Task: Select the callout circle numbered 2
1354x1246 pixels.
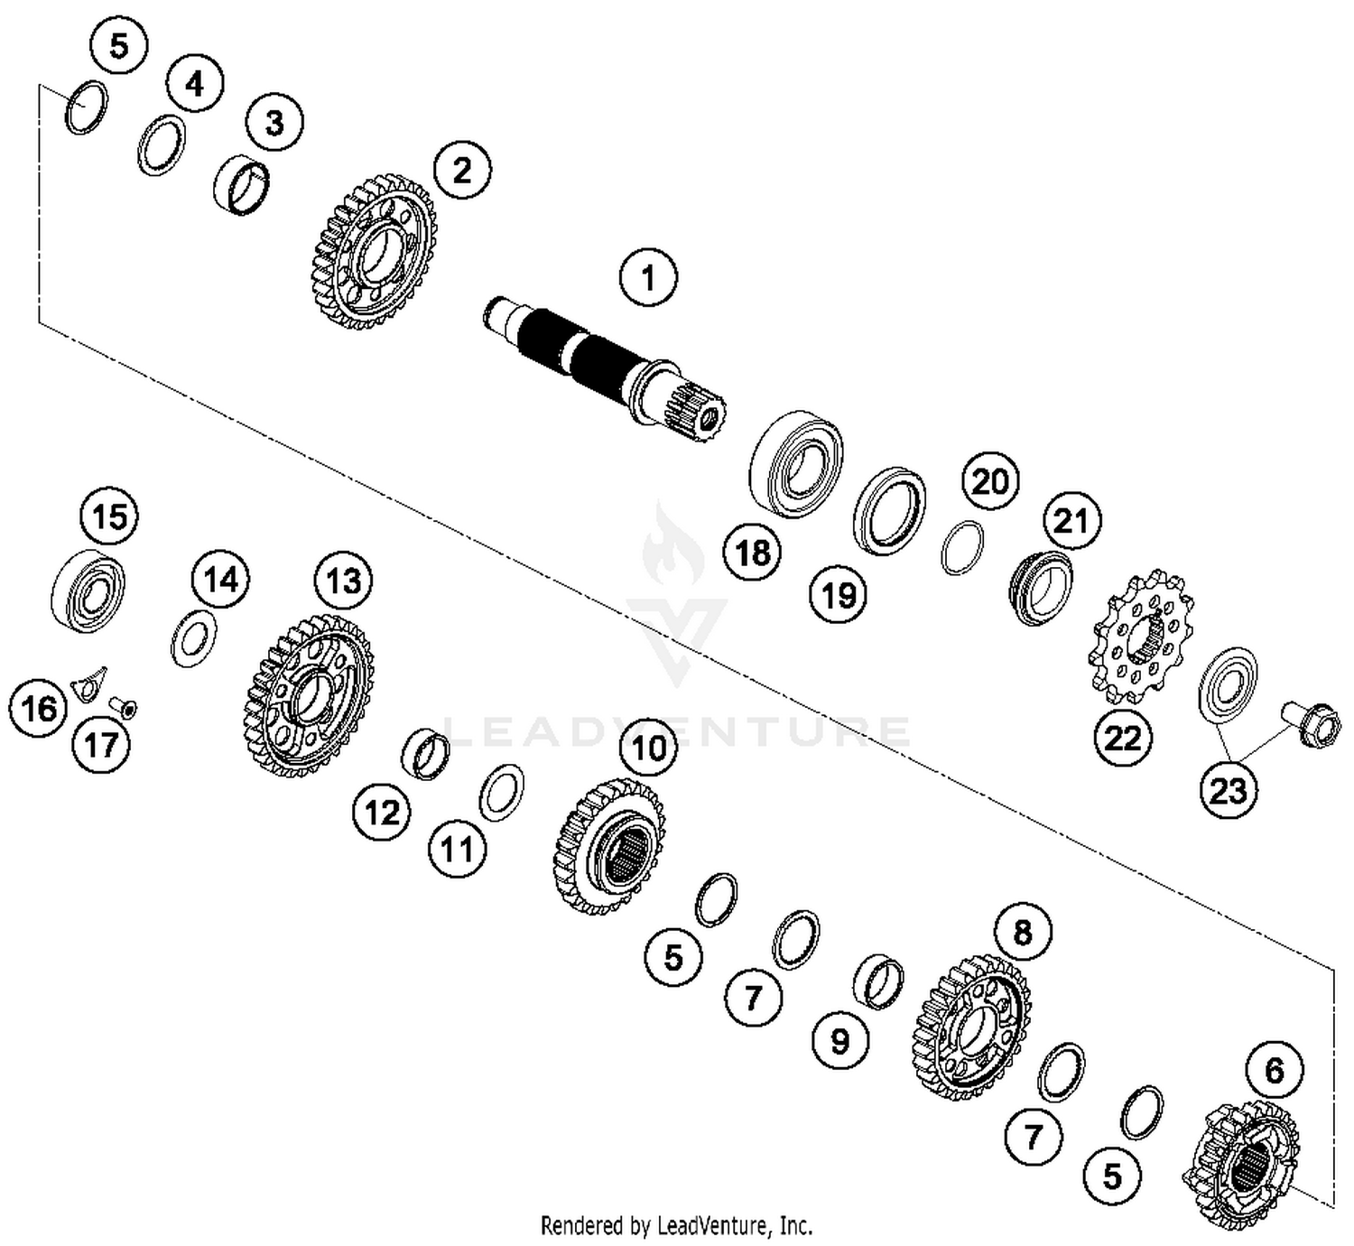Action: (x=462, y=169)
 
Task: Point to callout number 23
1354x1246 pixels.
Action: (x=1228, y=791)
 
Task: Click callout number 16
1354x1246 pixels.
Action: (x=39, y=709)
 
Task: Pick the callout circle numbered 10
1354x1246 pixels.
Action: (x=649, y=748)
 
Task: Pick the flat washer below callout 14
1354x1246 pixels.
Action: (x=193, y=638)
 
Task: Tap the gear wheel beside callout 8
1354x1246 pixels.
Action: (x=971, y=1027)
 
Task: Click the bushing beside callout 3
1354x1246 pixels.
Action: (x=241, y=185)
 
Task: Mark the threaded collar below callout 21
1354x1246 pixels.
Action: (x=1040, y=588)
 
